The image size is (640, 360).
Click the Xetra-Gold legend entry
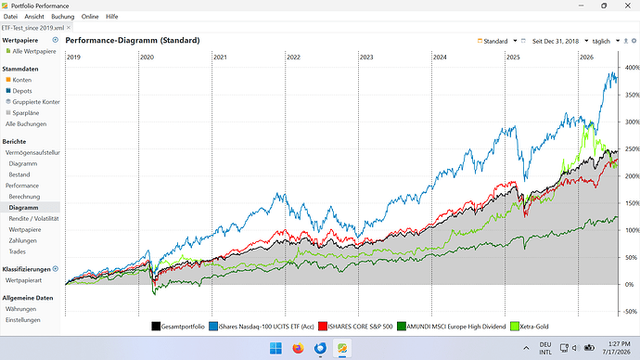click(x=530, y=327)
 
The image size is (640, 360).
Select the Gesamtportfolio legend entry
click(x=178, y=327)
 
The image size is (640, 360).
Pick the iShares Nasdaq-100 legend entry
click(x=262, y=327)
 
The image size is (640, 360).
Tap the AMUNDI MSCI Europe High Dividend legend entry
click(x=451, y=327)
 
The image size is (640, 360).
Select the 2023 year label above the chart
click(x=366, y=58)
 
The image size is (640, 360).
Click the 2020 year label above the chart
click(x=147, y=58)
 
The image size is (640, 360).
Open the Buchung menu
click(x=63, y=17)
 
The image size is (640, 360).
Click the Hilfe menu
click(x=112, y=17)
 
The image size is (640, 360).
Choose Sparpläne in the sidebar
click(x=26, y=113)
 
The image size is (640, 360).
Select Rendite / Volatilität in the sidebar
click(x=34, y=219)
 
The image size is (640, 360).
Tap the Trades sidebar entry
click(x=17, y=251)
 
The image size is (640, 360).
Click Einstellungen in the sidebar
click(x=23, y=320)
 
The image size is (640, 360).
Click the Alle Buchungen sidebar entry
click(x=26, y=124)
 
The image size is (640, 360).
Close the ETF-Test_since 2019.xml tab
click(x=69, y=28)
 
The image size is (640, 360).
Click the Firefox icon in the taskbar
click(x=298, y=348)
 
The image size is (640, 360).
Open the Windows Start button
click(x=275, y=348)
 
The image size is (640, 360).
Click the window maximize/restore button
click(x=604, y=6)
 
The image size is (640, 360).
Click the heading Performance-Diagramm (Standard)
click(x=133, y=41)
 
